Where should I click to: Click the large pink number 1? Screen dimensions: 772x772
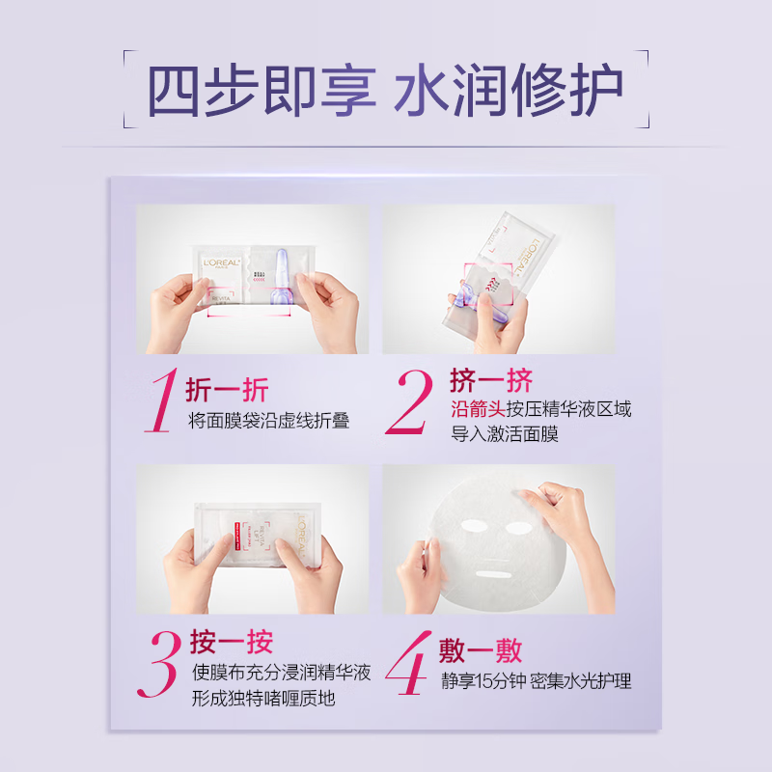point(162,402)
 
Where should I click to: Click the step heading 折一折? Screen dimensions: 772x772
point(227,390)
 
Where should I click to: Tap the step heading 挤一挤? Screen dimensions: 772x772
point(491,379)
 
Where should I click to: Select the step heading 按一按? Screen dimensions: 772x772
point(232,643)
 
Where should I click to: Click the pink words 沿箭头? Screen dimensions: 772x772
point(478,408)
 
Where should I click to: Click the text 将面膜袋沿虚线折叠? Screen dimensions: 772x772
point(268,420)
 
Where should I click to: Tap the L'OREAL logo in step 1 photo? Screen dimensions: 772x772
point(217,259)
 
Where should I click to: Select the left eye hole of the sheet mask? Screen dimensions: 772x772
point(479,527)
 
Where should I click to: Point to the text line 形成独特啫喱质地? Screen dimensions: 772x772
point(262,698)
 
